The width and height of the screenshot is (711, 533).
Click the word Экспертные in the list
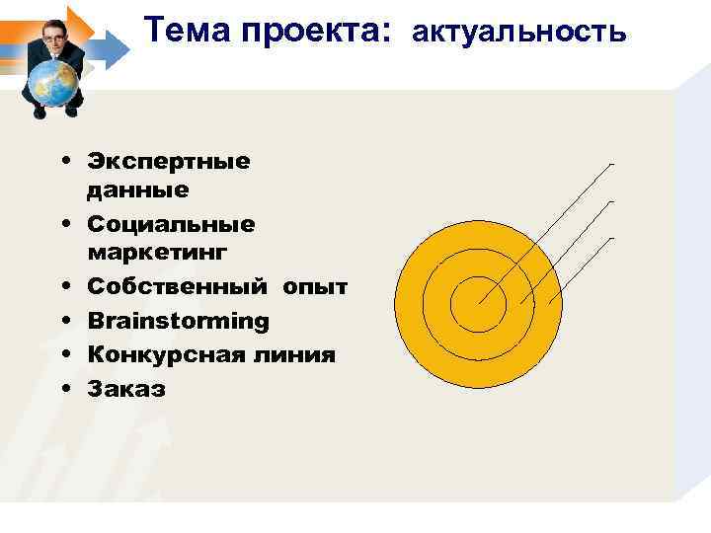169,160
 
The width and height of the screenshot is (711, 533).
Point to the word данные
138,188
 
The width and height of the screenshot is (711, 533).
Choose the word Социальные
171,224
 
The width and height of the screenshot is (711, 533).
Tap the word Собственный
178,287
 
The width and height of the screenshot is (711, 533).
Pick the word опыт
315,287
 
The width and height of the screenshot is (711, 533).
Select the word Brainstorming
178,321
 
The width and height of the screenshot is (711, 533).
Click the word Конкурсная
163,354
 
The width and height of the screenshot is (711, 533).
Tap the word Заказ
126,389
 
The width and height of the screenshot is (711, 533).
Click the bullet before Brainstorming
63,322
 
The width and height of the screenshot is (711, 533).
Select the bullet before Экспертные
63,161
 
